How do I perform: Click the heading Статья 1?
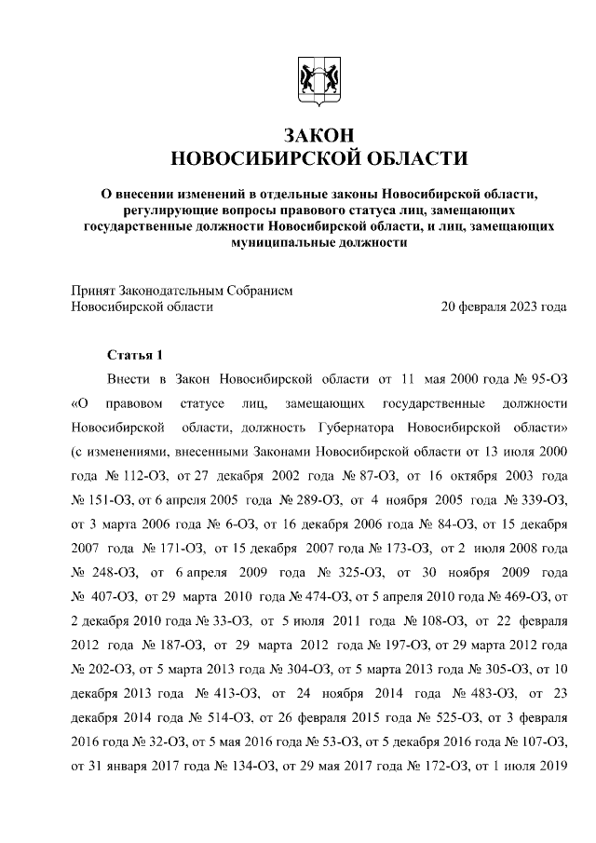click(136, 355)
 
